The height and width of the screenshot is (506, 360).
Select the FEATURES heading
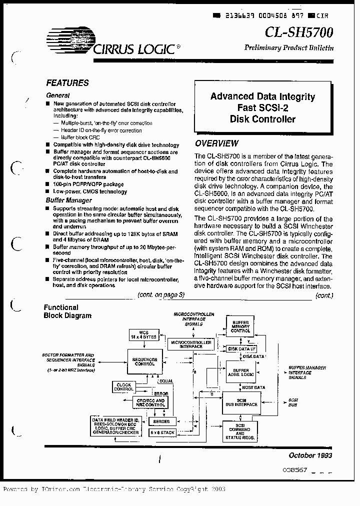click(67, 83)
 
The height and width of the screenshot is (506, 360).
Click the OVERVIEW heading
click(216, 143)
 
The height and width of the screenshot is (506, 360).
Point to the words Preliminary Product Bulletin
click(288, 48)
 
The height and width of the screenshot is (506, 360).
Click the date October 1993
click(310, 455)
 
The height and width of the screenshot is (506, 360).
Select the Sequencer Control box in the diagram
click(144, 361)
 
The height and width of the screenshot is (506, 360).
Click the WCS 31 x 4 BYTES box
click(143, 334)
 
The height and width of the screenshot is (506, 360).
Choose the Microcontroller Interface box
click(190, 344)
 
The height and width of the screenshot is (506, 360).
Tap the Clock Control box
click(123, 386)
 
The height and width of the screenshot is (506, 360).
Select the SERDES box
click(161, 421)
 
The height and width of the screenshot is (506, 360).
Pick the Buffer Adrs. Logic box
click(240, 371)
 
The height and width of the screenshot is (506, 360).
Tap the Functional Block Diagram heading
click(67, 311)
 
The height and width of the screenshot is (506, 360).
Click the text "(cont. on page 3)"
click(161, 295)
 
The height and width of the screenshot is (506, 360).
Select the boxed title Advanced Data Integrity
click(262, 96)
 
